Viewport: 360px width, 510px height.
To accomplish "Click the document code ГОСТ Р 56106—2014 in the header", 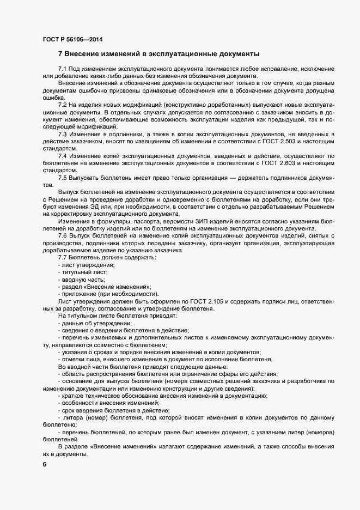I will [x=72, y=39].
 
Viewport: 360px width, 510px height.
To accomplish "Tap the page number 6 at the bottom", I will [x=45, y=465].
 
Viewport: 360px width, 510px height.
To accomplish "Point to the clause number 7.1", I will [x=63, y=69].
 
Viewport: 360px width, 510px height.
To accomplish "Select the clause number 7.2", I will [x=63, y=105].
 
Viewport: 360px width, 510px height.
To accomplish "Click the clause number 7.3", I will [x=63, y=134].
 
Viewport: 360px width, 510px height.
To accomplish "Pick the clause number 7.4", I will [x=63, y=156].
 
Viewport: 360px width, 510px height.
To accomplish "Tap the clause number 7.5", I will [x=63, y=178].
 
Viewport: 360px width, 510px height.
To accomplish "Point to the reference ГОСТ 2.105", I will [x=214, y=301].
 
